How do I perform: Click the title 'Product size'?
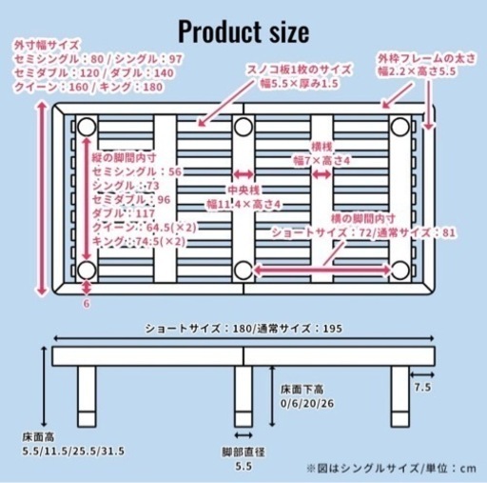pos(243,31)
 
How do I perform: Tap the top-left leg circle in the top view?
pos(87,127)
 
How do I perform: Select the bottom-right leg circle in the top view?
pos(400,271)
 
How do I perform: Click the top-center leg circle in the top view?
pos(243,127)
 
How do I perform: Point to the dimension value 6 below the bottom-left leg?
pos(87,304)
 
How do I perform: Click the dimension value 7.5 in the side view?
pos(422,387)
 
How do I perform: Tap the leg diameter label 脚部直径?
pos(243,452)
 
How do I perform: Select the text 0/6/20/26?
pos(307,404)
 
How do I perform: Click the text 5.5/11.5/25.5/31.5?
pos(73,451)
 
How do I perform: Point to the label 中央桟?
pos(243,191)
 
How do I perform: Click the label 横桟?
pos(321,147)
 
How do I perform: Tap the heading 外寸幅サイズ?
pos(47,45)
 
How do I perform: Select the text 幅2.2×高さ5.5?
pos(417,71)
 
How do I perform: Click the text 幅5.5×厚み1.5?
pos(299,84)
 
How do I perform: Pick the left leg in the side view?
pos(87,396)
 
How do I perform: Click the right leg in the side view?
pos(400,396)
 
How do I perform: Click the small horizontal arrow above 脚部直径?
pos(243,435)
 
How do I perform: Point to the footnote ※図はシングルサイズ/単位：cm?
pos(391,469)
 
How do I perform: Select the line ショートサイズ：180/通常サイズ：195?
pos(243,329)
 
